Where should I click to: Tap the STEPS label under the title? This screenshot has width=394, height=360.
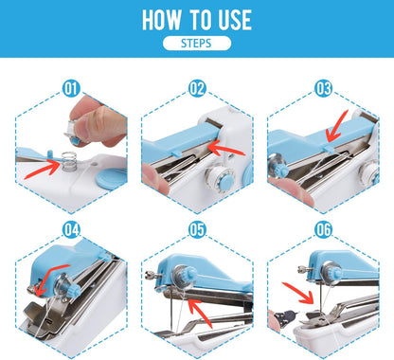click(196, 44)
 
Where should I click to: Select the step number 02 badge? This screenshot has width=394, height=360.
click(197, 89)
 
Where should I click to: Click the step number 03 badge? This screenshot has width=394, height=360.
click(323, 89)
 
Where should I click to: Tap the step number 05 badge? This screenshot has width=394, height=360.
click(197, 228)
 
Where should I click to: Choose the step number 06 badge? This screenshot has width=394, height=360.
click(323, 228)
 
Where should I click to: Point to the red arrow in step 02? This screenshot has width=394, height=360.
click(226, 147)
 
